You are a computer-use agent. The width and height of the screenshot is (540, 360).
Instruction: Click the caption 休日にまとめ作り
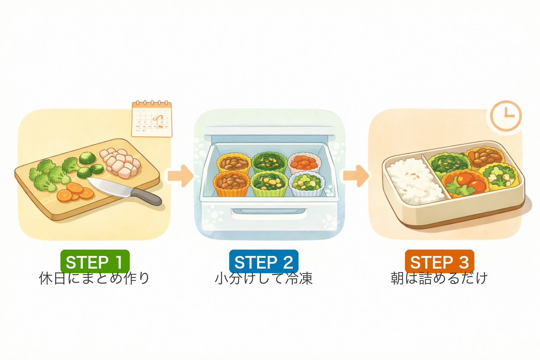(x=94, y=278)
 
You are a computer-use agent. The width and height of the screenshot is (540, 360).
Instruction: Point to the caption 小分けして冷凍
(x=264, y=278)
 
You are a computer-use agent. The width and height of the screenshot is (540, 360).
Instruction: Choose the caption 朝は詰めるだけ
(x=439, y=278)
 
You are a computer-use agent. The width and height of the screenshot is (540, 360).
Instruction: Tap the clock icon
(x=506, y=116)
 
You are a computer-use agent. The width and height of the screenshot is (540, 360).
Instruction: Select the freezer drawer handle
(x=269, y=212)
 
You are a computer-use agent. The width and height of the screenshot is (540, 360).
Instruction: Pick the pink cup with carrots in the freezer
(x=304, y=162)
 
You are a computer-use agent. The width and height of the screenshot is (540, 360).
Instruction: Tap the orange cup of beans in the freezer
(x=231, y=183)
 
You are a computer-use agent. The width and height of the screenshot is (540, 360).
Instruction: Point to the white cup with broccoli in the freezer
(x=306, y=184)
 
